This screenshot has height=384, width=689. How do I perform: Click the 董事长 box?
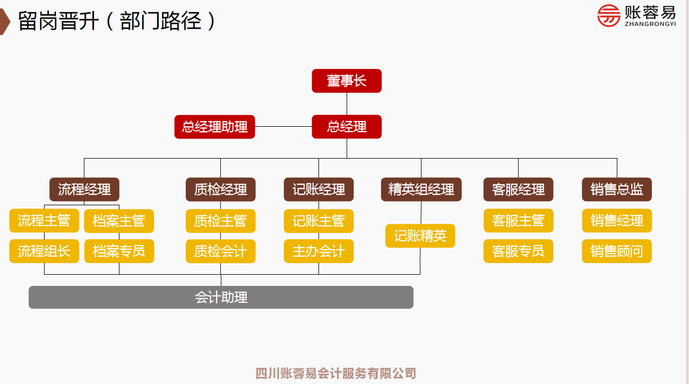(347, 81)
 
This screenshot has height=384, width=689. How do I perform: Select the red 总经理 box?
(347, 127)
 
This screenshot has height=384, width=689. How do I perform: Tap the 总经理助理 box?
(214, 127)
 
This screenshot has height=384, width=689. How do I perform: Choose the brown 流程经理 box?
(84, 189)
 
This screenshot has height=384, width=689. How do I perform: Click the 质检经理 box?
(220, 189)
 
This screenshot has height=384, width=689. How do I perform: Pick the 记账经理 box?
(318, 189)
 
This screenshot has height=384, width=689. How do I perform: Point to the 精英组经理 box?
(421, 189)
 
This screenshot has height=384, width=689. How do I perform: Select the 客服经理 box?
(518, 189)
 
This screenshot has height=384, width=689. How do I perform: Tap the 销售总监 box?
(617, 189)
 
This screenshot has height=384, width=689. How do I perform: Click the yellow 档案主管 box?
(119, 221)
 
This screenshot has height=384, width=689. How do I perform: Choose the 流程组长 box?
(44, 251)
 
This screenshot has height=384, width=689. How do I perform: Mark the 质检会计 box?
(220, 251)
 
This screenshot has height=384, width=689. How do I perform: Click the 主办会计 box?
(318, 251)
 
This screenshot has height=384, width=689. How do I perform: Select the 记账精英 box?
(420, 235)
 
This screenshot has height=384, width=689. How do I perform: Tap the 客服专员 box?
(518, 251)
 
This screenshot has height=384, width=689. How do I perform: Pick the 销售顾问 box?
(617, 251)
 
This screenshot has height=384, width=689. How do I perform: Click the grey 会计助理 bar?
(221, 297)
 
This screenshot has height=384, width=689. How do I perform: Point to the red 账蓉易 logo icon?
(608, 15)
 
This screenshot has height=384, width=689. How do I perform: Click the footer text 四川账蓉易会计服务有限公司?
(335, 373)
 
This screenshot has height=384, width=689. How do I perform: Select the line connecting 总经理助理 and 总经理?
(283, 127)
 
